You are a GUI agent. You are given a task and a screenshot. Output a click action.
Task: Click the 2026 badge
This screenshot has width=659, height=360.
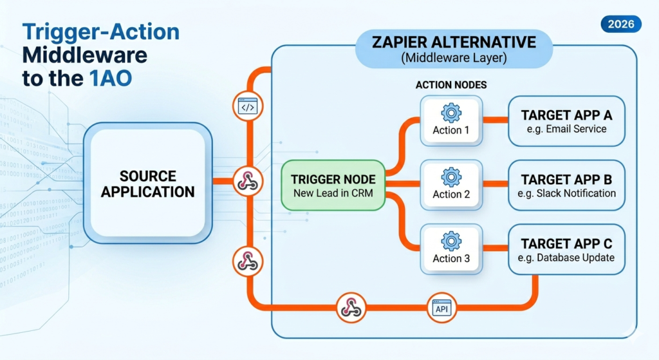[621, 24]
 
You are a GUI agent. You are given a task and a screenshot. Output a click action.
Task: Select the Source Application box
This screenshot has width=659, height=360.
[148, 183]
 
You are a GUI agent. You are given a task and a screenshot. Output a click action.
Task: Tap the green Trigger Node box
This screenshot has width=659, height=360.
[333, 185]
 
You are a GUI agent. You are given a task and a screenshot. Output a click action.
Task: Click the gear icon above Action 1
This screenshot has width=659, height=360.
[451, 113]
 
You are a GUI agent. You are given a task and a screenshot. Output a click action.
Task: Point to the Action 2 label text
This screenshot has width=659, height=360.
[451, 194]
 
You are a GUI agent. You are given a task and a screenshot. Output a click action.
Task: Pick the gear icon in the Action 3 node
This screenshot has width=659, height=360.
[451, 242]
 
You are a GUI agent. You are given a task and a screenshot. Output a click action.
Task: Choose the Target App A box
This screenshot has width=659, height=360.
[566, 122]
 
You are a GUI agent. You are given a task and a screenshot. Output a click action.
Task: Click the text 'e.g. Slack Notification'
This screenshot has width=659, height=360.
[566, 193]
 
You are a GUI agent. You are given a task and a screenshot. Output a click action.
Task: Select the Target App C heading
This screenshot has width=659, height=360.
[566, 243]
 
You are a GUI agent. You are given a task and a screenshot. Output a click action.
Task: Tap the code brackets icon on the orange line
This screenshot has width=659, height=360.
[247, 108]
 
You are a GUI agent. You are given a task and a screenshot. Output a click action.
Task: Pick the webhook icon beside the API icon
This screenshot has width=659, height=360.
[351, 307]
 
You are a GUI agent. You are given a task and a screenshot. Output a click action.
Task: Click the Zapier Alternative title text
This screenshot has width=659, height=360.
[454, 43]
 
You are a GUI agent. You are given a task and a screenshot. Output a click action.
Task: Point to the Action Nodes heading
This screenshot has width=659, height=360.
[450, 85]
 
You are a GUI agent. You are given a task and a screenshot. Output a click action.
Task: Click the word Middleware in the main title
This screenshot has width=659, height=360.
[88, 55]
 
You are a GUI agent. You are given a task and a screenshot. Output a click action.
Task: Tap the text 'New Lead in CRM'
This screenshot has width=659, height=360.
[333, 193]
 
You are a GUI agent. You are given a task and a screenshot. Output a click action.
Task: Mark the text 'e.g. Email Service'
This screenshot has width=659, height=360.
[566, 129]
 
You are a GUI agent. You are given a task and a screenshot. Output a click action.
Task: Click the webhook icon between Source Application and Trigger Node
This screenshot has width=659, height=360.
[247, 183]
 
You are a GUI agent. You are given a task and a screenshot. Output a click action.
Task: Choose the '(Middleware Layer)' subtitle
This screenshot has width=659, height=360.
[454, 58]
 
